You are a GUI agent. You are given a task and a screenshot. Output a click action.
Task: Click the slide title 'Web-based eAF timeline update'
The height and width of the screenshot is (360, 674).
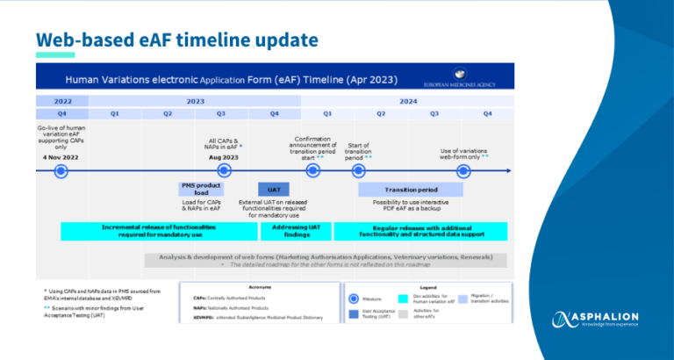(176, 41)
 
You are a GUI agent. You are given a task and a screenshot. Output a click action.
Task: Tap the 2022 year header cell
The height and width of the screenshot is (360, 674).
(62, 100)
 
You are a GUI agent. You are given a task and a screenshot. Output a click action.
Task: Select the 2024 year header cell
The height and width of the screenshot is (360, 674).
(406, 100)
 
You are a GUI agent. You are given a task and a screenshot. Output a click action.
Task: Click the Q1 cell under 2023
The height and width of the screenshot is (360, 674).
(115, 113)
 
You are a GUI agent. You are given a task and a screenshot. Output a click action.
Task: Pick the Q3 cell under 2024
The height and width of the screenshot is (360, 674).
(434, 113)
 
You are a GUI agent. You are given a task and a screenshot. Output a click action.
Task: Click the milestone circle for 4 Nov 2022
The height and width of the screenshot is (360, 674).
(63, 170)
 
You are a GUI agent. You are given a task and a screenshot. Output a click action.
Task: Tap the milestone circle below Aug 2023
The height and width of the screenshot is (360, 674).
(224, 170)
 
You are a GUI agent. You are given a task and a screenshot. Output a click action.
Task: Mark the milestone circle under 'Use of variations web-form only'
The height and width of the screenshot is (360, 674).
(463, 170)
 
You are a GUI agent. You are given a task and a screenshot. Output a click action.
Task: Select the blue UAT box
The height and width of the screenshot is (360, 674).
(274, 189)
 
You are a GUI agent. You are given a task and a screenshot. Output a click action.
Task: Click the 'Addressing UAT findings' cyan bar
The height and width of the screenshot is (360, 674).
(283, 231)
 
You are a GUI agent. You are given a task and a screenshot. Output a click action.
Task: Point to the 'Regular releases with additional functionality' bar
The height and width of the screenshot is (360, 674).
(420, 231)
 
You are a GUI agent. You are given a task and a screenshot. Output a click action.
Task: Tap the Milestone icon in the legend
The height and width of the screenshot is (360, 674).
(353, 299)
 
